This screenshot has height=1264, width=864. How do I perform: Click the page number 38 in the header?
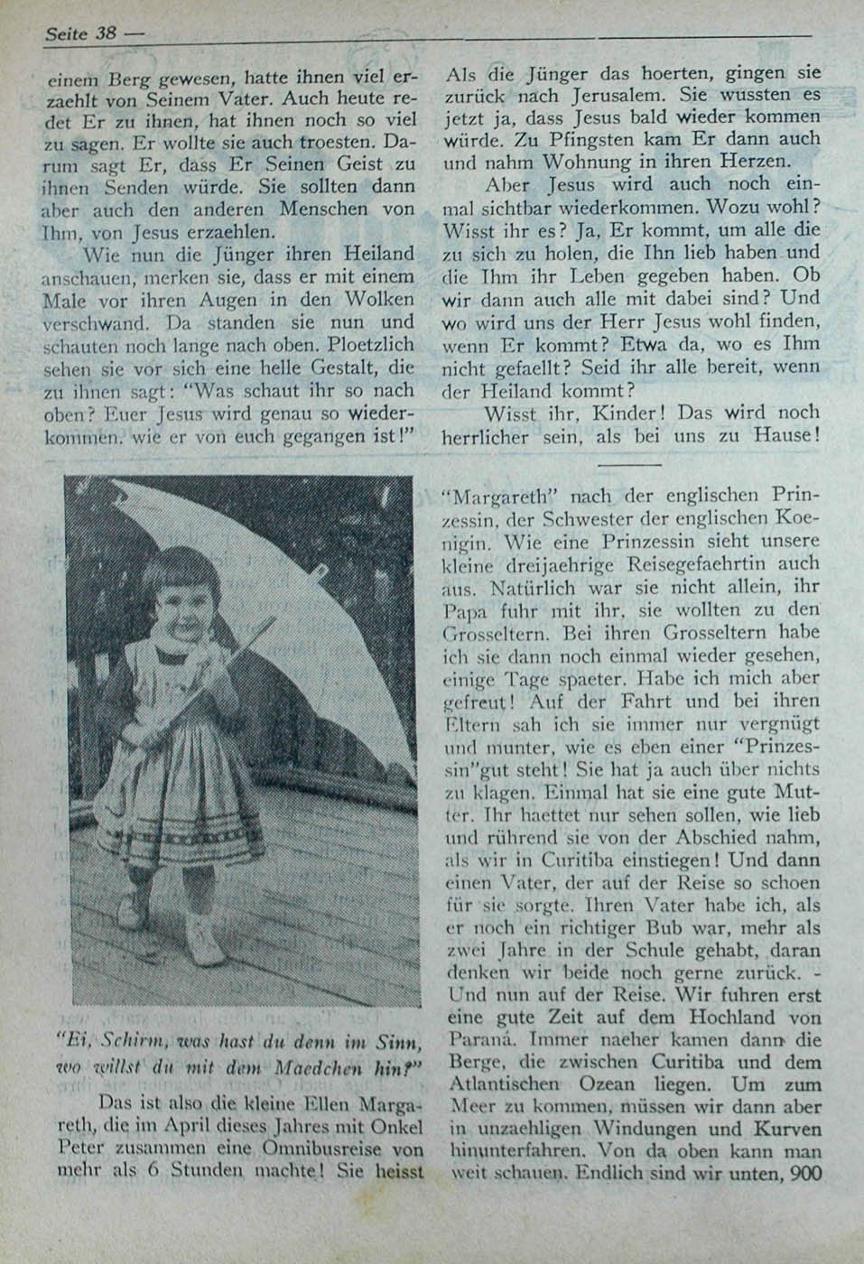pos(106,33)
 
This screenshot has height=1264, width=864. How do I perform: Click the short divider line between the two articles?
pos(629,464)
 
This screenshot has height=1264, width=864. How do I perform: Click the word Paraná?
pos(478,1039)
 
